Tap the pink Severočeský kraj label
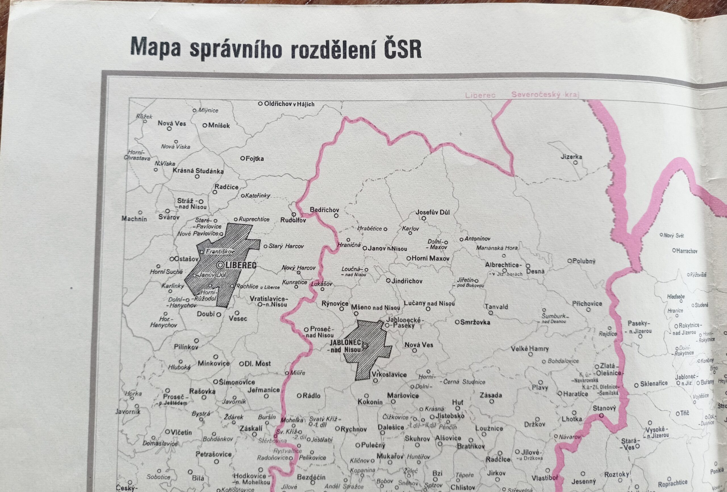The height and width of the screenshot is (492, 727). pos(544,95)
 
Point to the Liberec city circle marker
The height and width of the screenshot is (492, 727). pos(220,265)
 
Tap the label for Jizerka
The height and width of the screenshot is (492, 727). pos(571,157)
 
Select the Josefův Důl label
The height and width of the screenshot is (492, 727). pos(433,212)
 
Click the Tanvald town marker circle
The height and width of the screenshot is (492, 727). pos(491,313)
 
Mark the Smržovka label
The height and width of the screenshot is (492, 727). pos(475,322)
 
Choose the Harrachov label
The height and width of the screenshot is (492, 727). pos(686,251)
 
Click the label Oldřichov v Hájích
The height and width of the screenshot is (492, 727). pos(289,104)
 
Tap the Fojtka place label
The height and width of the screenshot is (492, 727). pos(255,159)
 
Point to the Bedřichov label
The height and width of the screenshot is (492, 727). pos(324,210)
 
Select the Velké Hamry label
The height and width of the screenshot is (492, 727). pos(530,348)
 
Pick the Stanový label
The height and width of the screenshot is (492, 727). pos(604,408)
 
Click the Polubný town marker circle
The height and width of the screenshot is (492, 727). pos(570,261)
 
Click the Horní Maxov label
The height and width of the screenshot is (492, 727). pos(430,258)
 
